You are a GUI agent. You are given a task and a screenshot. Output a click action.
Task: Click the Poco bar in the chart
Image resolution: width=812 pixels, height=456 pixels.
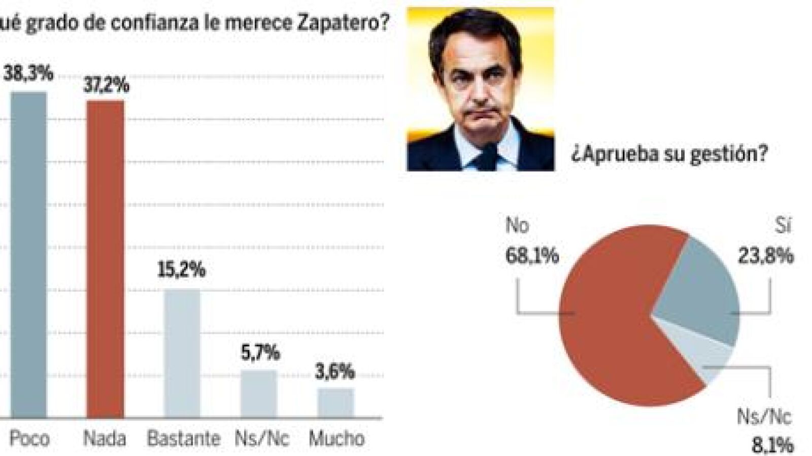point(29,254)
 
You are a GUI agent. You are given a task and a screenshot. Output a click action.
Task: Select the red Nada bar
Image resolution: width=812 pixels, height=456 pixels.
point(105,259)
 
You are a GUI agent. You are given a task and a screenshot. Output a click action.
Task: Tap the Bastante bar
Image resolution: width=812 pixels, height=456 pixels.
point(182,353)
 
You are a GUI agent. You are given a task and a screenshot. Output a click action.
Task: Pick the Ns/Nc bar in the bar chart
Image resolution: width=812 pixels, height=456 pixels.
point(259,394)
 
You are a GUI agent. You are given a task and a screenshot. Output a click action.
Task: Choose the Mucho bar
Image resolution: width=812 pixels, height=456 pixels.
point(336,403)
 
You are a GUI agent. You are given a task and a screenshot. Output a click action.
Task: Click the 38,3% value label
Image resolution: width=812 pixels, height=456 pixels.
point(29,73)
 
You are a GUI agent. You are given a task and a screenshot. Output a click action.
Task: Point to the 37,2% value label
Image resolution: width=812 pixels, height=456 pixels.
point(106,84)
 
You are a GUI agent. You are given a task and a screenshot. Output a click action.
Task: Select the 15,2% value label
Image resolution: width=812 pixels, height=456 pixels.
point(182,269)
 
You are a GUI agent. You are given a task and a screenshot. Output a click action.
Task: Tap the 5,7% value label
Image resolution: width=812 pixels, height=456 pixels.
point(260,352)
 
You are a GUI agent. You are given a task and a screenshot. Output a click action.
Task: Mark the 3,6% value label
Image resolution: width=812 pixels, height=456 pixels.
point(335,372)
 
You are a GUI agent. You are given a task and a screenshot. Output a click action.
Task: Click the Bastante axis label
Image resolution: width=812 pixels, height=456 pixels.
point(183,438)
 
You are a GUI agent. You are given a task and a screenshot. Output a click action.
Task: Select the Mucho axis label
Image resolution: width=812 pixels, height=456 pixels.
point(336,438)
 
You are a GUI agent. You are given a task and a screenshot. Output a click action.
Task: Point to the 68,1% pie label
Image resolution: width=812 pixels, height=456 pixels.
point(531,256)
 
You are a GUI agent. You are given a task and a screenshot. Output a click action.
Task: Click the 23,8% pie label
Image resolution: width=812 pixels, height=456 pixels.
point(765,256)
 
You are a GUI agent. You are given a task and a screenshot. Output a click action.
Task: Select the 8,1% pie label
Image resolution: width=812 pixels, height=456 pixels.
point(772,446)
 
